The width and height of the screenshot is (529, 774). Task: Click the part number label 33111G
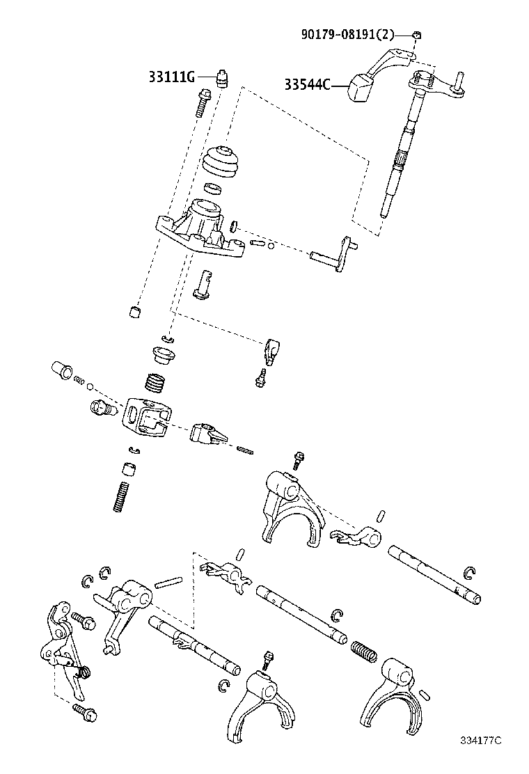point(171,77)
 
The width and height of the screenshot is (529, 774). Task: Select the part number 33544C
point(306,85)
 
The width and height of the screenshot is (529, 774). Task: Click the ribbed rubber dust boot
point(221,164)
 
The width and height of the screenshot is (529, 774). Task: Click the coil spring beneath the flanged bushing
point(157,384)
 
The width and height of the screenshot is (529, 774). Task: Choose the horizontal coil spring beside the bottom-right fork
point(364,650)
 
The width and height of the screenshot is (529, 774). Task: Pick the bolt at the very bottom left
point(84,711)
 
